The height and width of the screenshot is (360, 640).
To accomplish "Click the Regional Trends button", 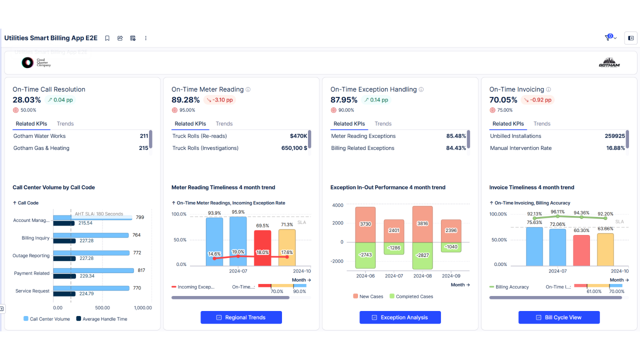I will (241, 317).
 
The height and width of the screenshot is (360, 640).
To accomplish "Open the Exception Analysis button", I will (400, 317).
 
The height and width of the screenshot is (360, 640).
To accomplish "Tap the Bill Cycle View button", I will (559, 317).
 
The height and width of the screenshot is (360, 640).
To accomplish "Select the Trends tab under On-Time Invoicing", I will (541, 123).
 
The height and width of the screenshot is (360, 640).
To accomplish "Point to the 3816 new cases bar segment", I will (422, 223).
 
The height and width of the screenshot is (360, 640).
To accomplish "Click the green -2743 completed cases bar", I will (365, 255).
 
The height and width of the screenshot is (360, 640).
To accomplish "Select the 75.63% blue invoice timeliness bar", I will (534, 247).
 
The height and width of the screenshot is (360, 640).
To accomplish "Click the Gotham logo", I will (609, 62).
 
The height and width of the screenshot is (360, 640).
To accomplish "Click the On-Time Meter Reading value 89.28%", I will (185, 100).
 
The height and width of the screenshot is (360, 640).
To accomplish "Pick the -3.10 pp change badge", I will (219, 100).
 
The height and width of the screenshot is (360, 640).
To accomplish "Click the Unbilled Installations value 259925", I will (614, 136).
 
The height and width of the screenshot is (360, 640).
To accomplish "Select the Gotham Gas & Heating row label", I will (41, 148).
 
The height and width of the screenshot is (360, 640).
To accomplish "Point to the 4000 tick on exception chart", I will (337, 205).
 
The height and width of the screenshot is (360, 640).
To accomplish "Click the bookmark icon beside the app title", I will (107, 38).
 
